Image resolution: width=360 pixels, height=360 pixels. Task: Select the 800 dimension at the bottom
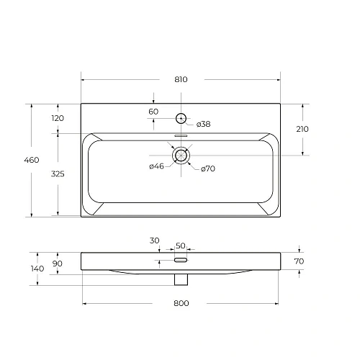181,303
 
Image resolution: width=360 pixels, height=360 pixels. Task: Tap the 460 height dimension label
32,160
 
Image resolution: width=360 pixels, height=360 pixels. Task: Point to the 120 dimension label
58,118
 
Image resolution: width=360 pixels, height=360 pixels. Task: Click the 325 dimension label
58,174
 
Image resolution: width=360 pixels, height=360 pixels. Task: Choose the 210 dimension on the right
302,129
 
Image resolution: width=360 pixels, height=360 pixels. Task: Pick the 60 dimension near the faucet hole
153,112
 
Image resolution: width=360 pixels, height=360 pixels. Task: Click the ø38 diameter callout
203,125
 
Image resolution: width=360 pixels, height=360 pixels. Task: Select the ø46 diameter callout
158,167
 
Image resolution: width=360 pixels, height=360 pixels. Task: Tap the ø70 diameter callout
207,168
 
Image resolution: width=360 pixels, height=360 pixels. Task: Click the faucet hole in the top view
181,117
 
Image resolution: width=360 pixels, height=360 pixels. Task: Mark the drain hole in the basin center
181,155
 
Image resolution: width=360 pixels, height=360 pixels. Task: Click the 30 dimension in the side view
155,240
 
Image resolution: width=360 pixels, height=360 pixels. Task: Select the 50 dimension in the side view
180,246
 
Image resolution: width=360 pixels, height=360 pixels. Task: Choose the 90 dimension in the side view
58,264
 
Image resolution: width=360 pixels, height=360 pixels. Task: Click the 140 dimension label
37,269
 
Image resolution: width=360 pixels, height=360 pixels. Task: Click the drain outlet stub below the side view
181,277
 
